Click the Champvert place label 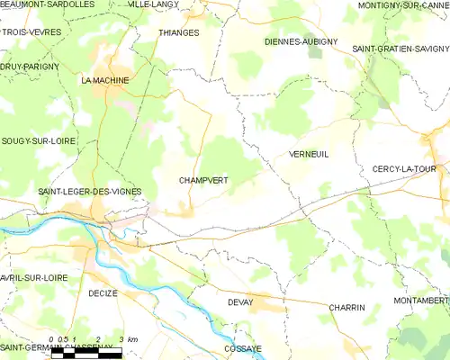pyautogui.click(x=203, y=181)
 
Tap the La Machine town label pyautogui.click(x=105, y=80)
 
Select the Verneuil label pyautogui.click(x=309, y=155)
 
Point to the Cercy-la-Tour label pyautogui.click(x=409, y=169)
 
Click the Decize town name pyautogui.click(x=104, y=293)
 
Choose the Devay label pyautogui.click(x=240, y=302)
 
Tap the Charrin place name pyautogui.click(x=346, y=308)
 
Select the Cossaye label pyautogui.click(x=244, y=347)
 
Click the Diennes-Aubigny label pyautogui.click(x=301, y=41)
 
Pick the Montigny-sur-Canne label pyautogui.click(x=402, y=5)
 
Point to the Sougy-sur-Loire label pyautogui.click(x=38, y=141)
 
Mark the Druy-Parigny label pyautogui.click(x=30, y=66)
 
